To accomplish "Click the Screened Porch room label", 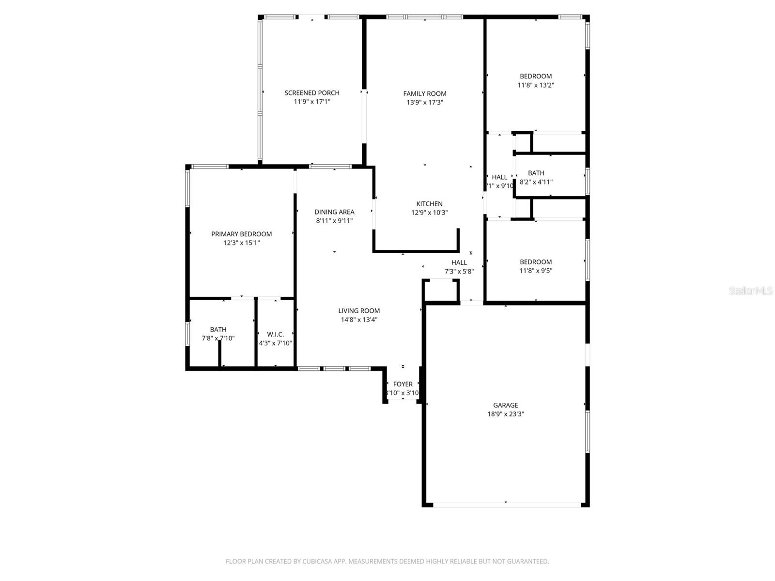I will pos(312,93).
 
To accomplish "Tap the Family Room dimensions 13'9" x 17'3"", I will pos(425,103).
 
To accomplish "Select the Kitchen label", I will pos(430,204).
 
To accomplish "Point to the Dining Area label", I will pos(334,212).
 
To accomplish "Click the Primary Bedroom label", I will pos(241,234).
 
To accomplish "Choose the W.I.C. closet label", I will pos(275,335).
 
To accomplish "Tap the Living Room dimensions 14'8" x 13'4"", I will pos(359,320).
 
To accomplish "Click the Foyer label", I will pos(403,384).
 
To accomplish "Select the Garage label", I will pos(506,405).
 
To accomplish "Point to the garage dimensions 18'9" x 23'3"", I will pos(506,414).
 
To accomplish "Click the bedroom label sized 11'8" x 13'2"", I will pos(536,76).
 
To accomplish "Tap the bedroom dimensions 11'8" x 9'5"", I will pos(536,271).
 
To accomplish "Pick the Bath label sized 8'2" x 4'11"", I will pos(536,173).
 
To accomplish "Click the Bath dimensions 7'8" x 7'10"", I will pos(218,338).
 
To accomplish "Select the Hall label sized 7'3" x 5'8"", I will pos(459,263).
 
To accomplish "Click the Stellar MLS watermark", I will pos(751,291).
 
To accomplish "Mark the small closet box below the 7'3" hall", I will pos(441,290).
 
